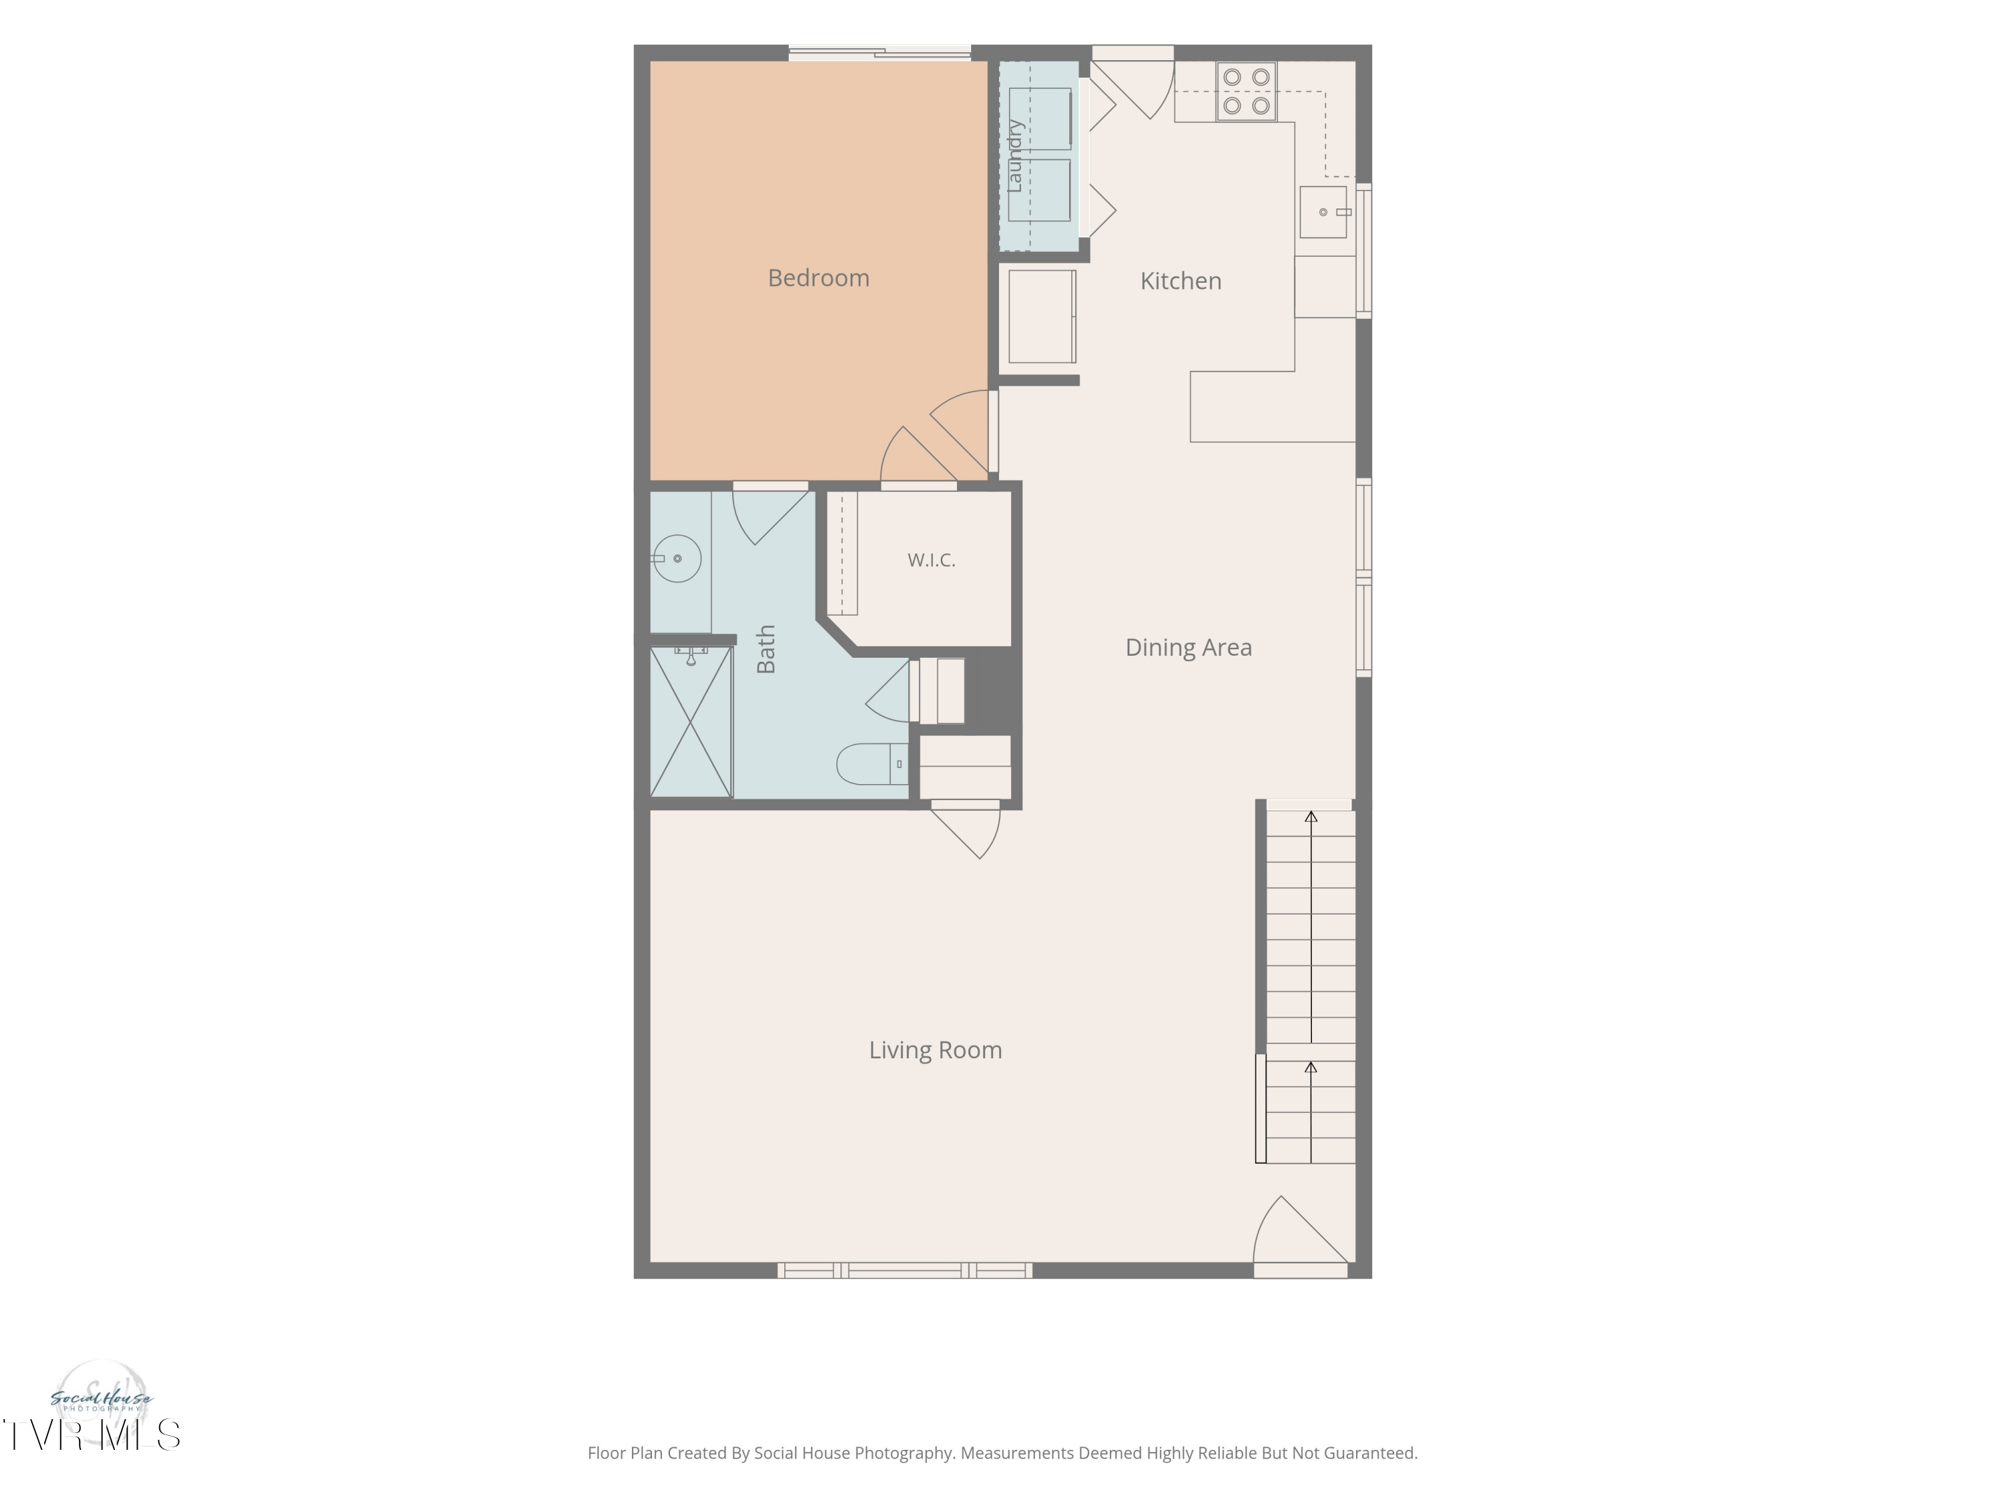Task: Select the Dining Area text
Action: tap(1188, 647)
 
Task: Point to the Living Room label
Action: tap(935, 1050)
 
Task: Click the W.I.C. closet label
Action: tap(931, 560)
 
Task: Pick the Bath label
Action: tap(766, 649)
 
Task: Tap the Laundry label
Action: tap(1015, 156)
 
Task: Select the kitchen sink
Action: tap(1323, 212)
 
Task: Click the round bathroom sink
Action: tap(677, 558)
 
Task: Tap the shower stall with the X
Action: tap(691, 722)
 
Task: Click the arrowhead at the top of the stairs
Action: tap(1311, 817)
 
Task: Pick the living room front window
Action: tap(904, 1271)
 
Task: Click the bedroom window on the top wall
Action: tap(880, 53)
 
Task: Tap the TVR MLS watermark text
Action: tap(91, 1435)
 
